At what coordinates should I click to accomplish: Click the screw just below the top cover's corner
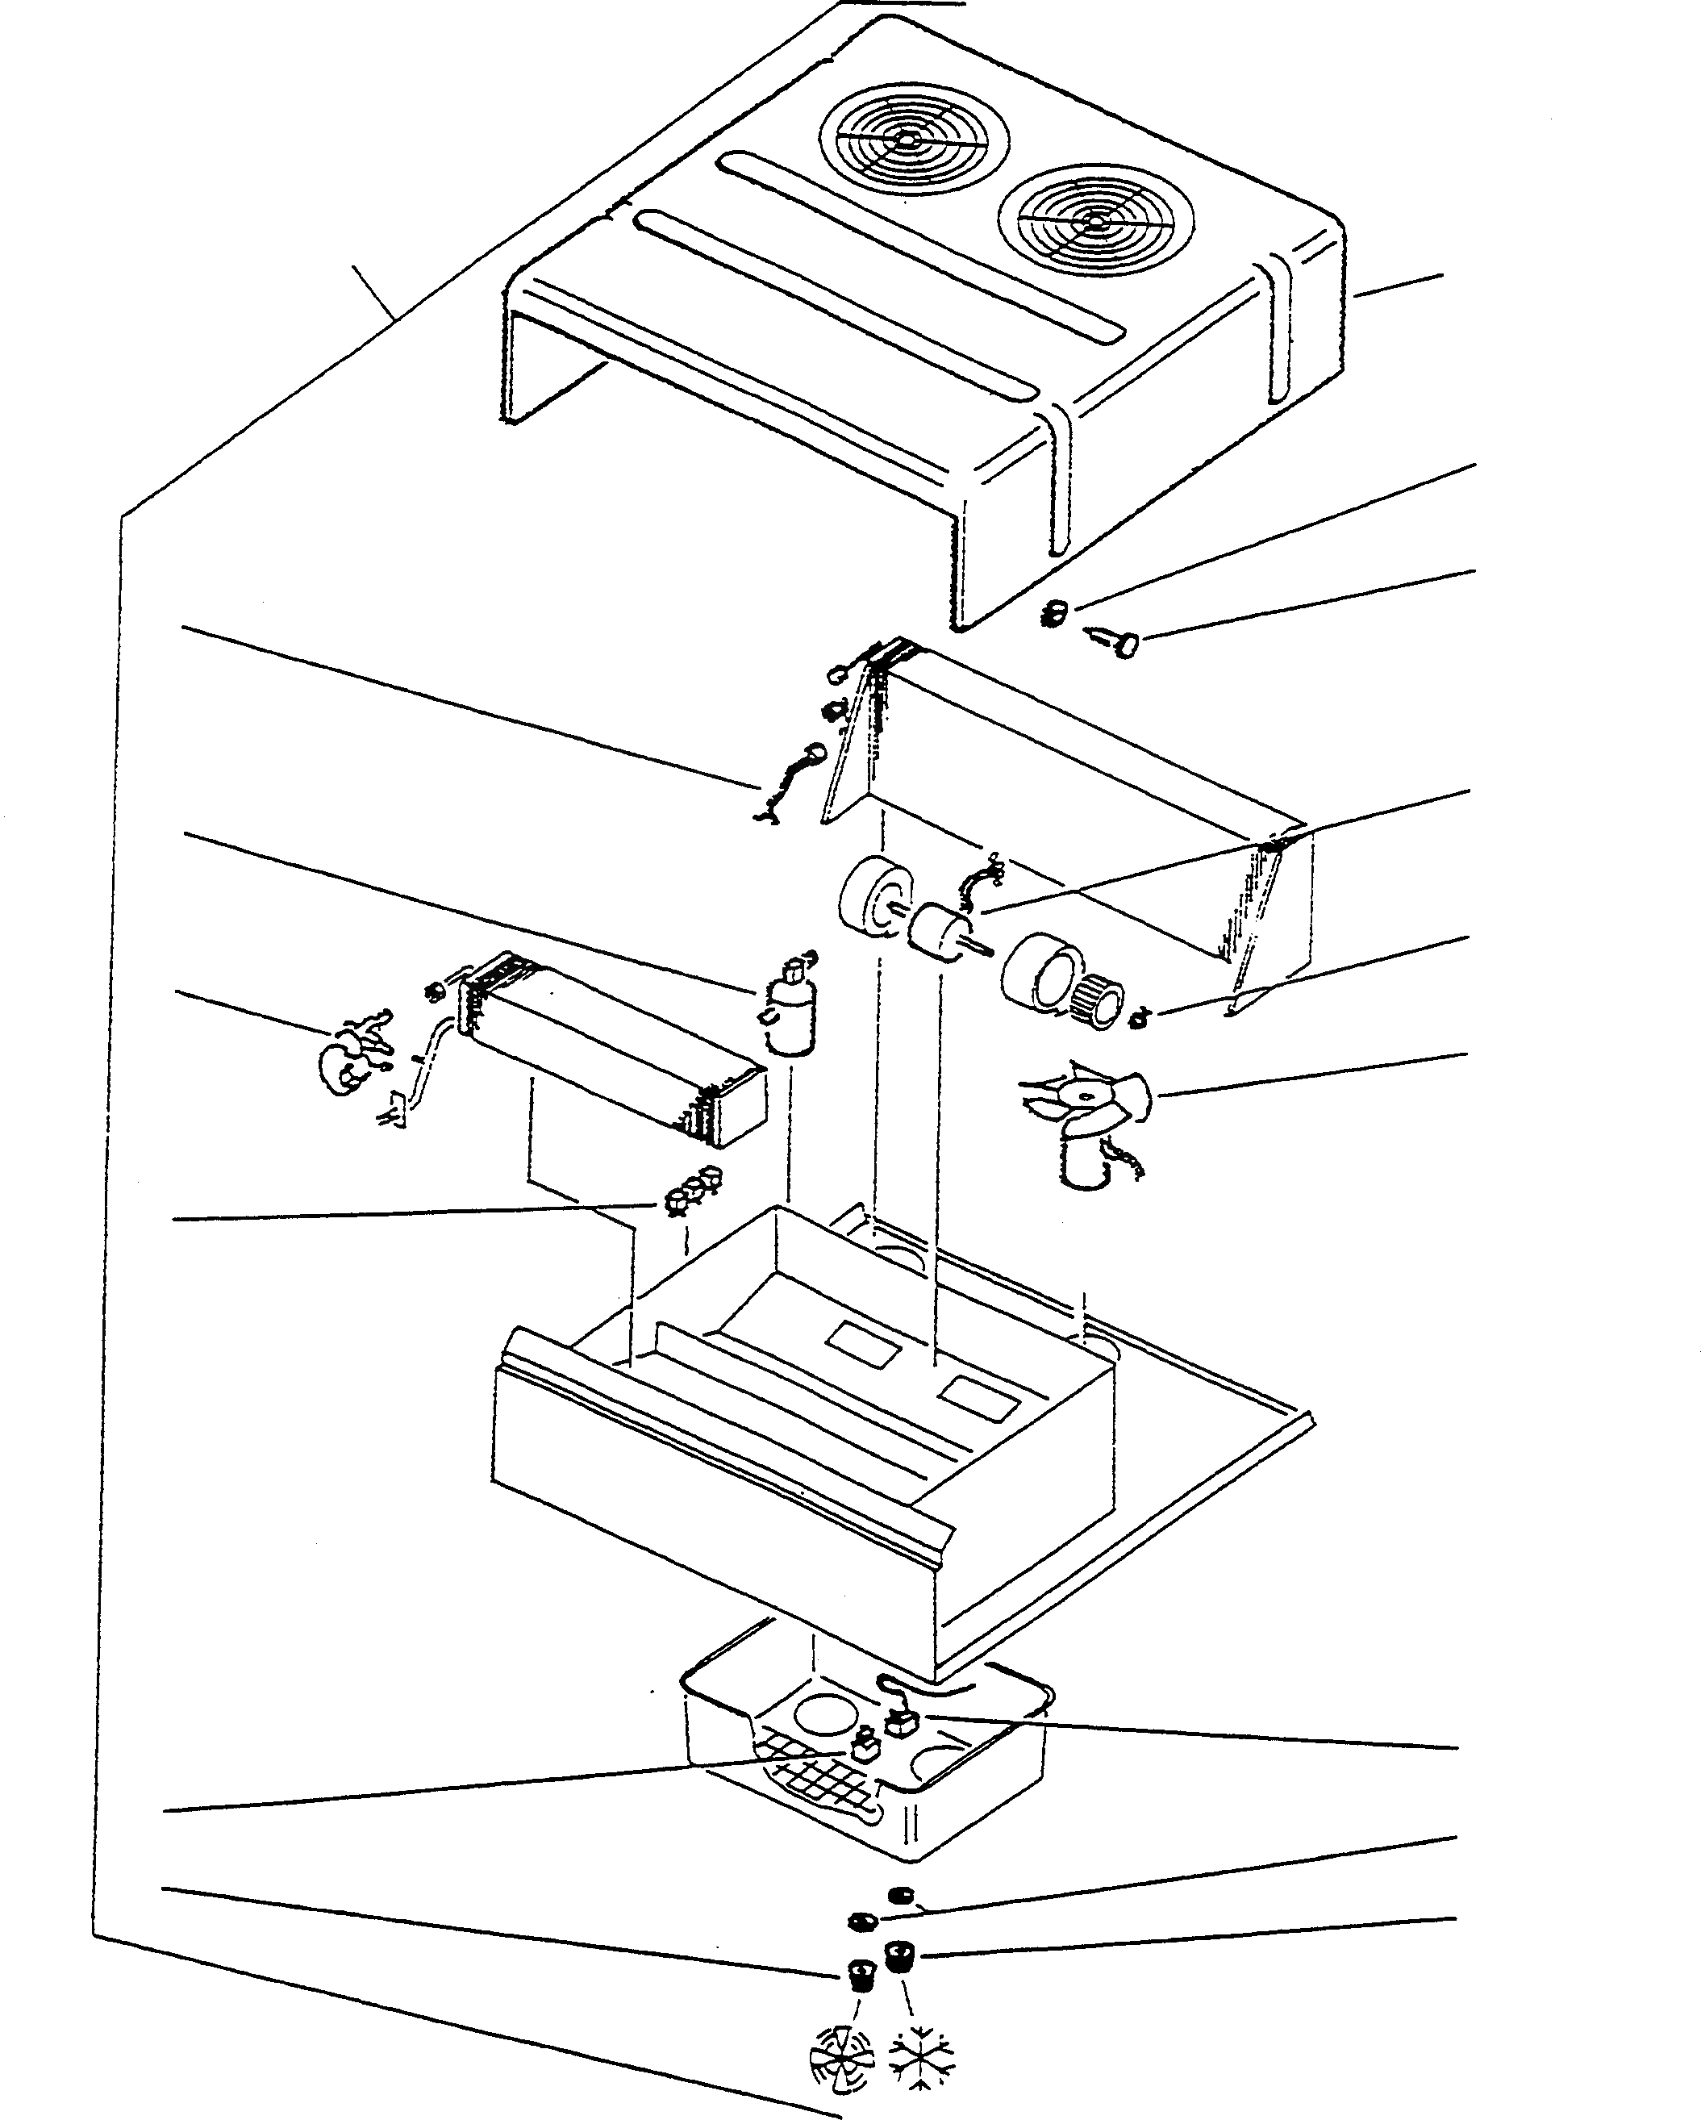pos(1117,644)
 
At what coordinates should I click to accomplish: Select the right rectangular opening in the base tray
pos(978,1396)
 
